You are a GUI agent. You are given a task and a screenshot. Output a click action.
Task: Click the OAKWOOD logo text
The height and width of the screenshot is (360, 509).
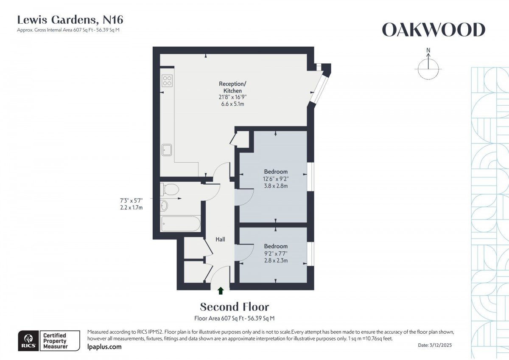coord(433,30)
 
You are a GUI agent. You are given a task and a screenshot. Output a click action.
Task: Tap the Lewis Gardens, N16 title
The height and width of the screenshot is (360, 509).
coord(70,20)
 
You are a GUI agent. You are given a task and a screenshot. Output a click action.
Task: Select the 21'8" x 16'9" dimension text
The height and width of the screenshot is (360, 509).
coord(230,97)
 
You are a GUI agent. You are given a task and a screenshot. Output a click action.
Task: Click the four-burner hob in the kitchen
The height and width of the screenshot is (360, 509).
coord(167,81)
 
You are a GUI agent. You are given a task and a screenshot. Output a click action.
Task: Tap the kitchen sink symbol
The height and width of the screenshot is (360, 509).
coord(167,149)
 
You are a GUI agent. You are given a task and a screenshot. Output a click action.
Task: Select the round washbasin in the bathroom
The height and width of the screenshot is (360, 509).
coord(164,206)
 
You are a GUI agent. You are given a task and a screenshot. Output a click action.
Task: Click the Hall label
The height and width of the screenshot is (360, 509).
coord(220,239)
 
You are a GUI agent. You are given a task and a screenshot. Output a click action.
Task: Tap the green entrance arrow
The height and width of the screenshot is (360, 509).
coord(221,291)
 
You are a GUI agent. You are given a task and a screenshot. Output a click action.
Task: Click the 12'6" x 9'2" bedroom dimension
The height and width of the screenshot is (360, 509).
coord(276,179)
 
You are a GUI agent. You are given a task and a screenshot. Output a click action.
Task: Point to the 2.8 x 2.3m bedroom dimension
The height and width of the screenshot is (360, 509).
coord(276,260)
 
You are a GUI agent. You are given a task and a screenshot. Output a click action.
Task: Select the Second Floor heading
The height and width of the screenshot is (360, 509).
coord(234,307)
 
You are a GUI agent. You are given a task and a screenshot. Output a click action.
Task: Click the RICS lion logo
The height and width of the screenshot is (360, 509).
coord(28,340)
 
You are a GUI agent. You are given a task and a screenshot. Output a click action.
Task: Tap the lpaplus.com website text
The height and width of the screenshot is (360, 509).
coord(104,347)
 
